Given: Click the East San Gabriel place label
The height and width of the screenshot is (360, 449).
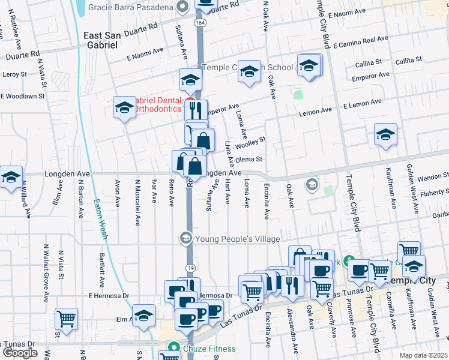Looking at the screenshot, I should [x=105, y=40].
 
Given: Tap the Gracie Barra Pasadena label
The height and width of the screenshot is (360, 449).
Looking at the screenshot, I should [x=131, y=8].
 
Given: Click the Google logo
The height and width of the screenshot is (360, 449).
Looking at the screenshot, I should [x=20, y=352].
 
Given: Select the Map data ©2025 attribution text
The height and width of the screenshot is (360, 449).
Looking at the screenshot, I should [x=423, y=355].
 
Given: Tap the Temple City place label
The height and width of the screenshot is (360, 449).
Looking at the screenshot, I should [x=414, y=281].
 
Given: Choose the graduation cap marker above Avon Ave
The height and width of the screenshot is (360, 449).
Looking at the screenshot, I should [x=124, y=107].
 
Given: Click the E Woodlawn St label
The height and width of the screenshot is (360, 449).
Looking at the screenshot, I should [x=23, y=96].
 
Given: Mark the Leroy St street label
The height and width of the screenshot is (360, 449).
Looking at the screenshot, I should [x=14, y=75].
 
